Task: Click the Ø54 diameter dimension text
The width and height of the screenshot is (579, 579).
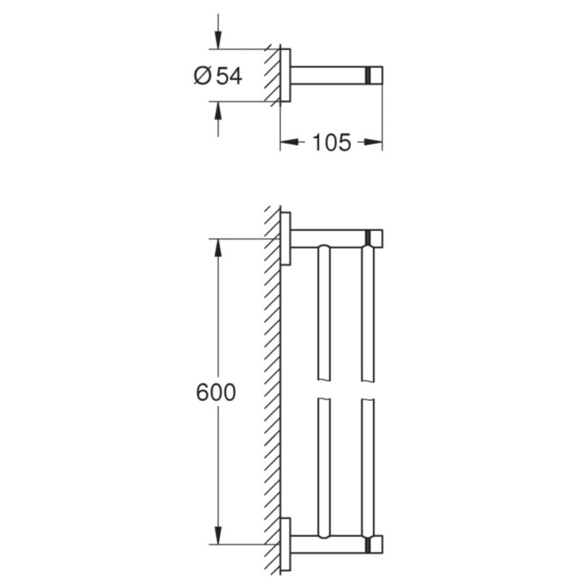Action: pyautogui.click(x=218, y=76)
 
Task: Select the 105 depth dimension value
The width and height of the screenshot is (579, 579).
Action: pyautogui.click(x=331, y=143)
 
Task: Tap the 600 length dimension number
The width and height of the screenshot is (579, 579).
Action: pyautogui.click(x=216, y=392)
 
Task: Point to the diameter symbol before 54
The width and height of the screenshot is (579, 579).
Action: pyautogui.click(x=203, y=76)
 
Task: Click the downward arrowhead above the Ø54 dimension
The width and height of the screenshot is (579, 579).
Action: pyautogui.click(x=218, y=40)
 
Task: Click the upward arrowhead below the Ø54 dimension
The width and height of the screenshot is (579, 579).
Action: pyautogui.click(x=218, y=111)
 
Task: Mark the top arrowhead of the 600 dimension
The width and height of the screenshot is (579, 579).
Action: pyautogui.click(x=218, y=248)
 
